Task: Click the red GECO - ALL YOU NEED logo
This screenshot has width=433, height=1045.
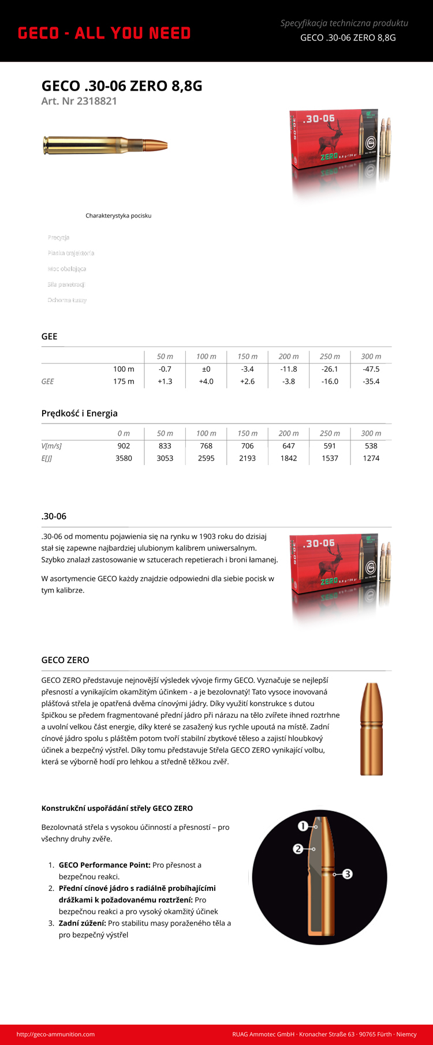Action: pos(104,33)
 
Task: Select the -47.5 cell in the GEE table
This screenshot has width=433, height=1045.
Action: pos(371,369)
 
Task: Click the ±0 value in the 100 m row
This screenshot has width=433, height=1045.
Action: pos(206,369)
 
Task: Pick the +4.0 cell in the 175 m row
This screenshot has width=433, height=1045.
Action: pos(206,381)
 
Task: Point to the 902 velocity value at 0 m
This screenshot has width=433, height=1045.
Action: pos(124,446)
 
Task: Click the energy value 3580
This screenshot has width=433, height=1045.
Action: pos(124,459)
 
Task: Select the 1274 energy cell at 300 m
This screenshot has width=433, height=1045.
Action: pos(371,459)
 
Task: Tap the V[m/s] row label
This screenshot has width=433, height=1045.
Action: pos(51,446)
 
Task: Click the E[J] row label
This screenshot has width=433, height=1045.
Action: pos(47,459)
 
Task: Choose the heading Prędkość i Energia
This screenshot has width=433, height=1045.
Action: pos(80,413)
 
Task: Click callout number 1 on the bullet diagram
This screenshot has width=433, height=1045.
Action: pos(303,826)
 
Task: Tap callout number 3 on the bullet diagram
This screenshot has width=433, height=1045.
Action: pos(348,874)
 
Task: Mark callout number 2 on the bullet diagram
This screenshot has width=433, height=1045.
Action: pos(298,849)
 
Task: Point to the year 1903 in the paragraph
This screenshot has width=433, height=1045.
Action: pos(209,537)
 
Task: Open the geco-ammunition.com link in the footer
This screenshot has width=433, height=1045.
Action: pos(55,1034)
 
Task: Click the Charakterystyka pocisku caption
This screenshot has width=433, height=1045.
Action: pos(118,216)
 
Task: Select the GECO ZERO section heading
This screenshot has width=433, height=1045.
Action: pos(65,660)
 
